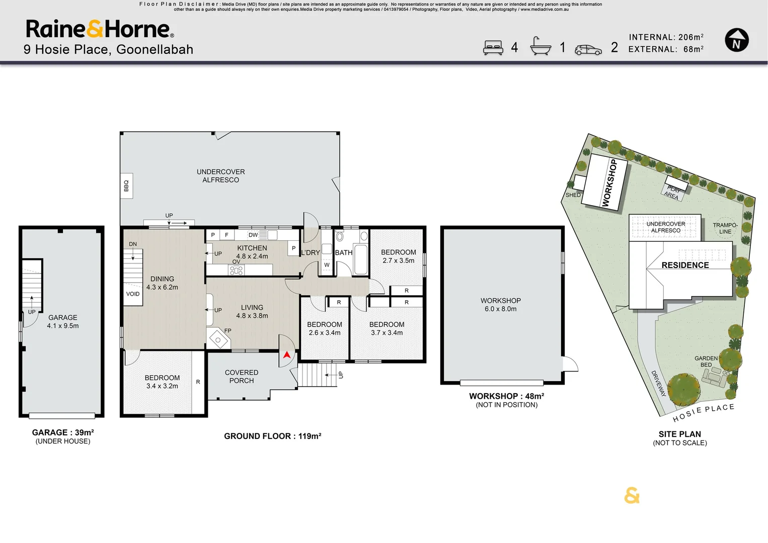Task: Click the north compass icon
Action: pos(737,40)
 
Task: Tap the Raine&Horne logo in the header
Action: pos(100,29)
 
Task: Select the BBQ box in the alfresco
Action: pos(126,186)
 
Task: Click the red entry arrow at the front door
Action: pos(287,355)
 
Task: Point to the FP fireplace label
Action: pos(227,331)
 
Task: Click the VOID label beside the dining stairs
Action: pos(133,294)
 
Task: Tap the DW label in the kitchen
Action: pos(253,235)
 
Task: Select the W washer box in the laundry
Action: pos(327,265)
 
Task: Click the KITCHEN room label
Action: pos(252,248)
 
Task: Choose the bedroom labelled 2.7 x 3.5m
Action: pos(399,256)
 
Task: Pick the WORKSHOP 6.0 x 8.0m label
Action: pos(501,305)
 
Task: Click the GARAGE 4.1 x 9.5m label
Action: pos(63,322)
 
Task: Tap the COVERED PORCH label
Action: pos(242,377)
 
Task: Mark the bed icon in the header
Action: pos(493,47)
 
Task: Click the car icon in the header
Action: pos(588,50)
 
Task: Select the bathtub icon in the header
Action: pos(541,46)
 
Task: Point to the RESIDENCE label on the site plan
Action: pos(685,265)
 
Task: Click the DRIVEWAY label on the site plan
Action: pos(658,383)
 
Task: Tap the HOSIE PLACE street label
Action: pos(704,412)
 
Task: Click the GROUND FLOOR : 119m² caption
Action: pos(273,436)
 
